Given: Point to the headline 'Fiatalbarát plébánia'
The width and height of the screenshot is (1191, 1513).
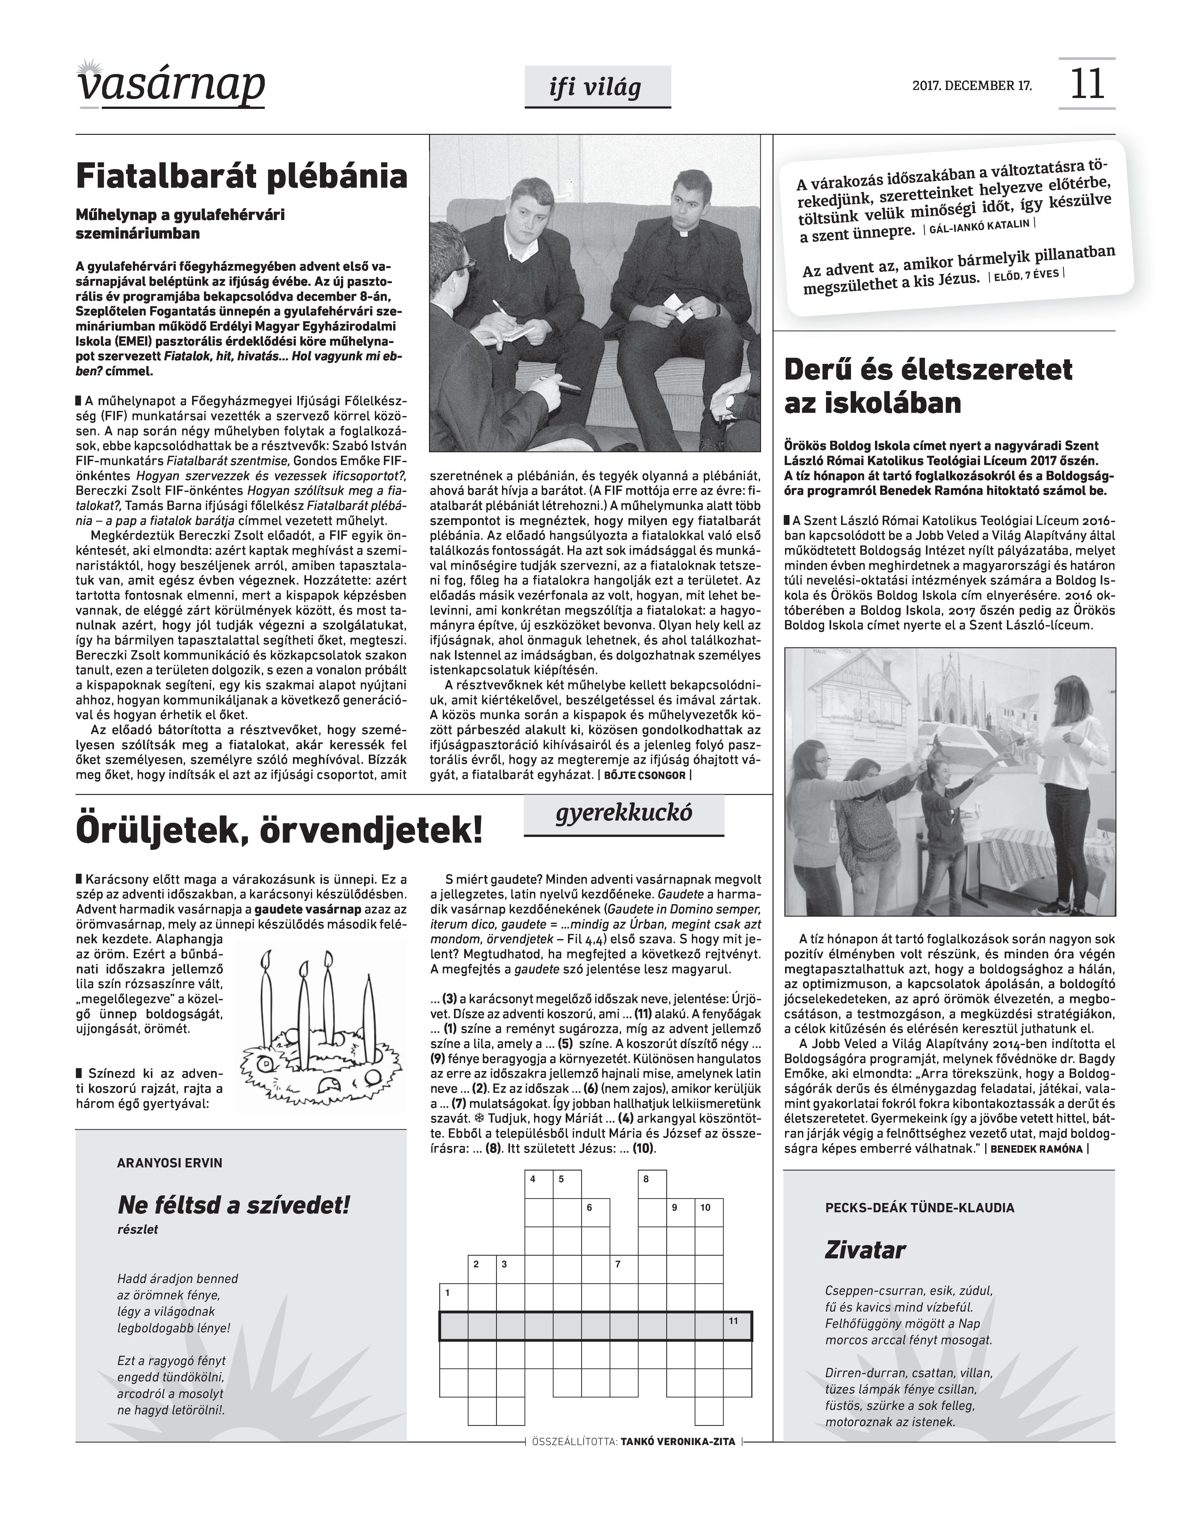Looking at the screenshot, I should click(241, 176).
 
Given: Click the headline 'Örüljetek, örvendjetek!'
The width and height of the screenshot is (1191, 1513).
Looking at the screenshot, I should click(279, 830).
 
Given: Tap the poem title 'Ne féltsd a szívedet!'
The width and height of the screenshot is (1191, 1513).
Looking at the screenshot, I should click(234, 1205).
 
